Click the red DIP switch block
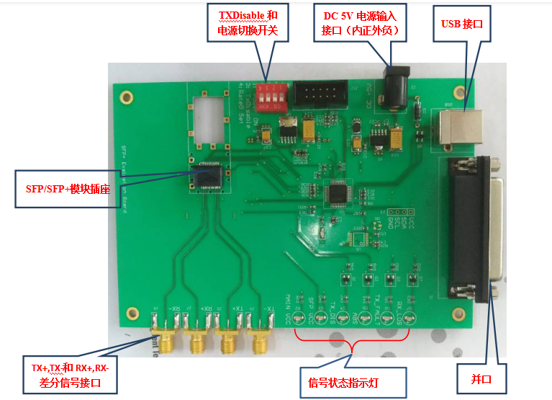coord(273,96)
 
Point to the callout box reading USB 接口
coord(461,24)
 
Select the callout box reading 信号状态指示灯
coord(352,380)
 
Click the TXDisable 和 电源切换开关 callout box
coord(253,23)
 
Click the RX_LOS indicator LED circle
coord(410,318)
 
